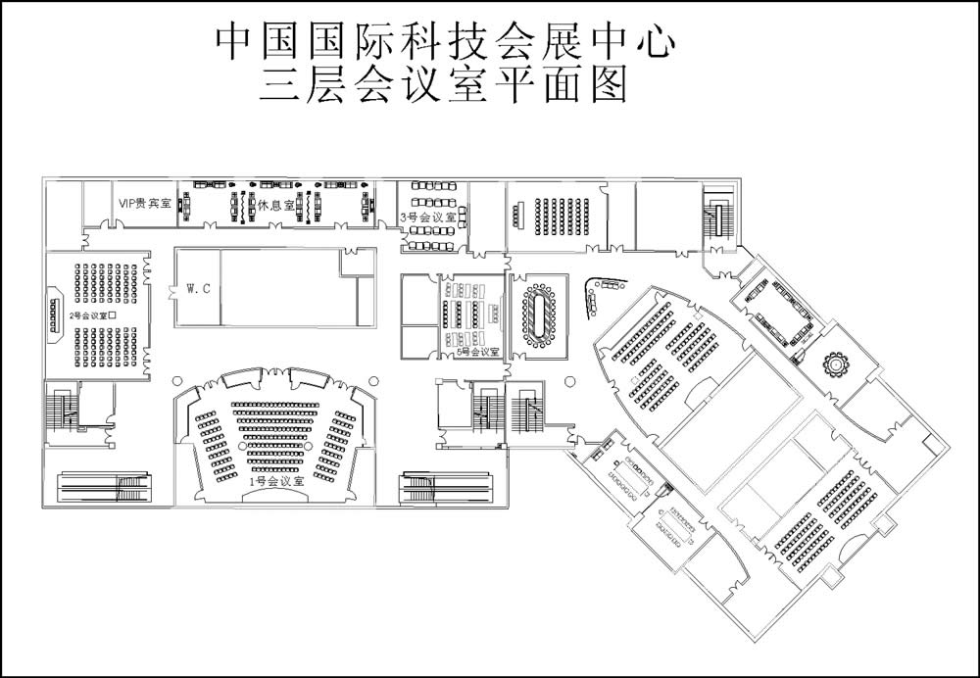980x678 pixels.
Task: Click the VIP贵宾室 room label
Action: pos(144,204)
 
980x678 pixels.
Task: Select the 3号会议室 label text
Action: pos(428,217)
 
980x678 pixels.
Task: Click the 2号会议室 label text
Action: pos(88,315)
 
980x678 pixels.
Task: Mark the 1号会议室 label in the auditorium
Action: pos(275,481)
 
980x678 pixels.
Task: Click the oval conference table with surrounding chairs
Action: pos(538,315)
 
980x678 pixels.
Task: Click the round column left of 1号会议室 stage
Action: pos(175,379)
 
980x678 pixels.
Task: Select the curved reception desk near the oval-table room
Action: pos(594,294)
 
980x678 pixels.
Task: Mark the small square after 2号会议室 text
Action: pos(114,315)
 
